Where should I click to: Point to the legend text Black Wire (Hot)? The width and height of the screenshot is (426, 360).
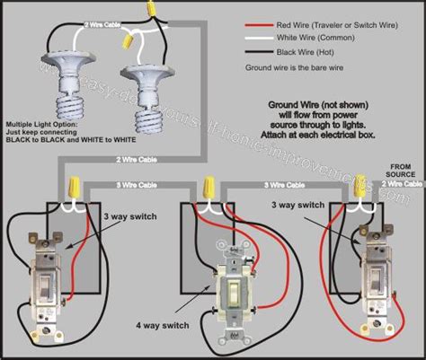pos(310,54)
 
